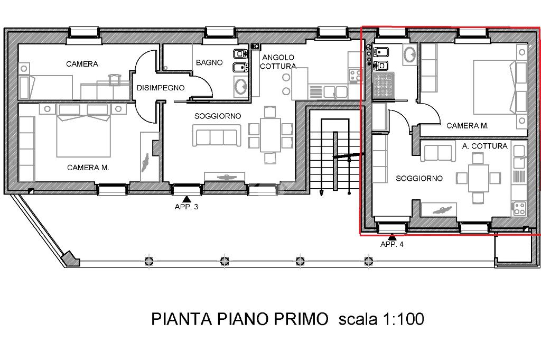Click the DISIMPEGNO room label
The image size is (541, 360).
click(x=161, y=88)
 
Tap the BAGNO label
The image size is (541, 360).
click(x=209, y=62)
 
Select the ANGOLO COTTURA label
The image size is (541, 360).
click(x=278, y=62)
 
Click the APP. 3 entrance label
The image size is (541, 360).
click(x=186, y=207)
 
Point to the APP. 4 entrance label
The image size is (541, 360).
click(x=391, y=244)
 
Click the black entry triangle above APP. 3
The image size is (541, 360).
click(x=186, y=199)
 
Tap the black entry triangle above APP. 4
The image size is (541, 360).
click(x=391, y=237)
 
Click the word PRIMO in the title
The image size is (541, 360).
click(x=301, y=319)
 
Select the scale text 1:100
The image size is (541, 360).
click(x=403, y=319)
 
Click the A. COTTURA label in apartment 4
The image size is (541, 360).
click(x=485, y=146)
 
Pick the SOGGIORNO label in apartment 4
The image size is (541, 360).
click(x=419, y=179)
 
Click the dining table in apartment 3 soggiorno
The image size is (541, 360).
click(x=270, y=135)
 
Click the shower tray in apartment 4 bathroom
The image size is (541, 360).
click(x=384, y=85)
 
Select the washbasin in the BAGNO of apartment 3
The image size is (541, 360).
click(x=240, y=87)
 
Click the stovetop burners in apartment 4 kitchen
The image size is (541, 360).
click(x=519, y=208)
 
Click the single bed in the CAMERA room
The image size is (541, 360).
click(x=45, y=88)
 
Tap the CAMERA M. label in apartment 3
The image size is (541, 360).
click(x=88, y=168)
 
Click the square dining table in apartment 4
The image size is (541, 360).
click(x=479, y=178)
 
